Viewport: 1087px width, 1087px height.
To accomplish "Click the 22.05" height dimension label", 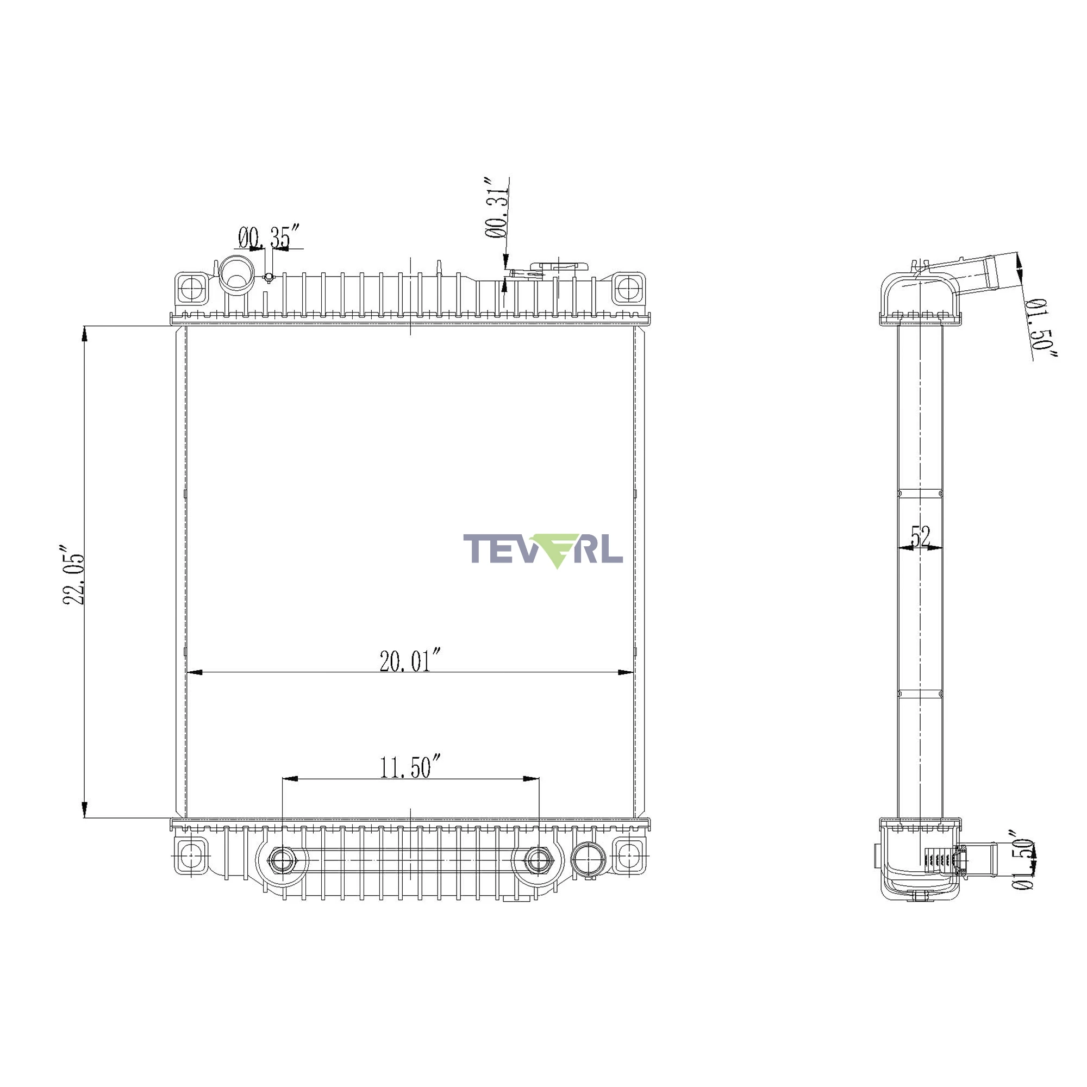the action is click(74, 574).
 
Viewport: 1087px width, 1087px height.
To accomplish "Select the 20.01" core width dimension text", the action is click(410, 660).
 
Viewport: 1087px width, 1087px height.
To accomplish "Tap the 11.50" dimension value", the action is click(410, 766).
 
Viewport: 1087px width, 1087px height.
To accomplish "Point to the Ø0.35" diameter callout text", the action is click(268, 236).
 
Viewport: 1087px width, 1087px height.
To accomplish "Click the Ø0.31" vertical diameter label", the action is click(497, 208).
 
